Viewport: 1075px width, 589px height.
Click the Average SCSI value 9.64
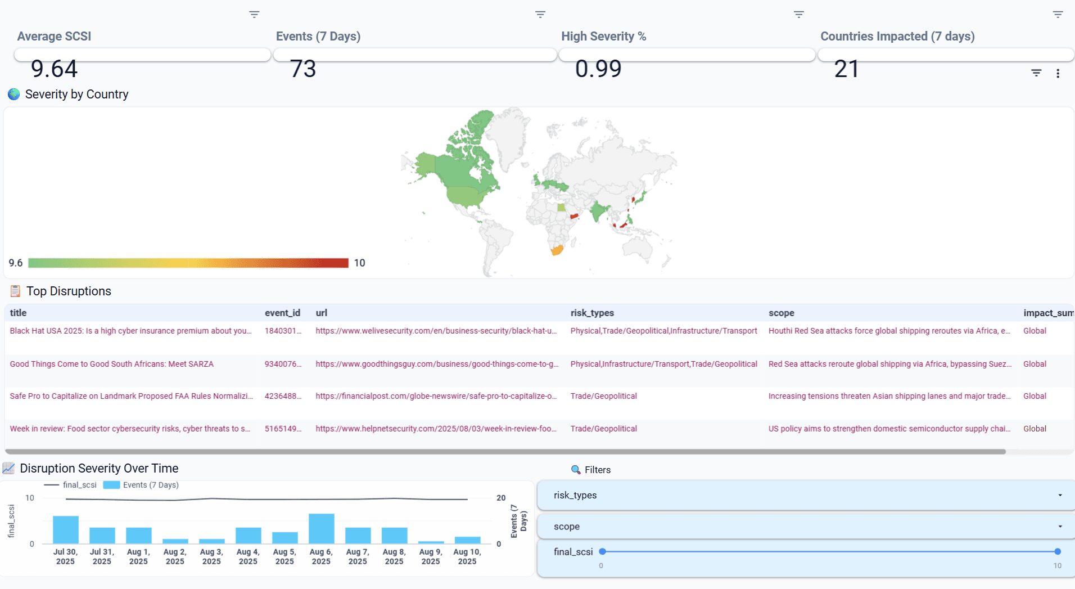click(54, 69)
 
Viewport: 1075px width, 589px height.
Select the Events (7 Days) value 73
click(303, 69)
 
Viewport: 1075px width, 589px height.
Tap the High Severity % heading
click(603, 37)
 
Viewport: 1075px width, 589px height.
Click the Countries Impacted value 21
click(846, 69)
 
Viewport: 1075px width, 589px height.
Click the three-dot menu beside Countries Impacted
click(1058, 73)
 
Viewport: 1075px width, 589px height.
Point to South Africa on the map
click(557, 250)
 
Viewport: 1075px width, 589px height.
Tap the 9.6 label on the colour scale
click(16, 263)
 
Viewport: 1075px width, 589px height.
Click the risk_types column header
click(592, 313)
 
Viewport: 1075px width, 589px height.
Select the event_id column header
click(282, 313)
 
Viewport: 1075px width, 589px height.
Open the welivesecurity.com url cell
click(436, 331)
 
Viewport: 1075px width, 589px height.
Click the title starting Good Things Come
click(111, 364)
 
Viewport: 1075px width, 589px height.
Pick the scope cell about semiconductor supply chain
click(889, 429)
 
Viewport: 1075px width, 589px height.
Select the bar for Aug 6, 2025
click(321, 528)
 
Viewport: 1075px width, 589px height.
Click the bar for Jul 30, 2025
click(65, 529)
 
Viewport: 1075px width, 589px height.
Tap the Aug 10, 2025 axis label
click(467, 556)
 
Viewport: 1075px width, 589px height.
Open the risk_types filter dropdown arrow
click(1060, 495)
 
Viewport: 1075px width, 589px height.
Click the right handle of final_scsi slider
click(1058, 551)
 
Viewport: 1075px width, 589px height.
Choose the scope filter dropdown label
click(566, 527)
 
